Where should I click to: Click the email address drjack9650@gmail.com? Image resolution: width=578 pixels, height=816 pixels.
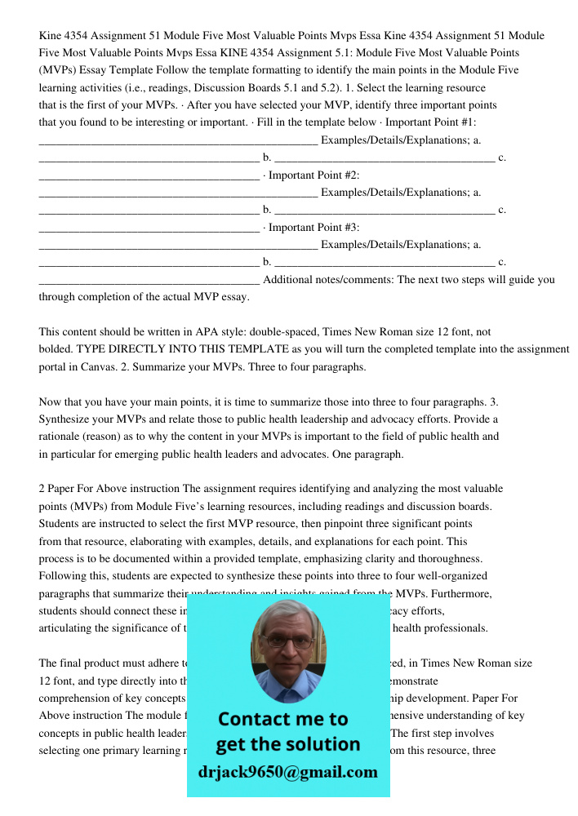(x=288, y=772)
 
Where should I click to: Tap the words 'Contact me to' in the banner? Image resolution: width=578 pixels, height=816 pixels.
(x=282, y=719)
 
